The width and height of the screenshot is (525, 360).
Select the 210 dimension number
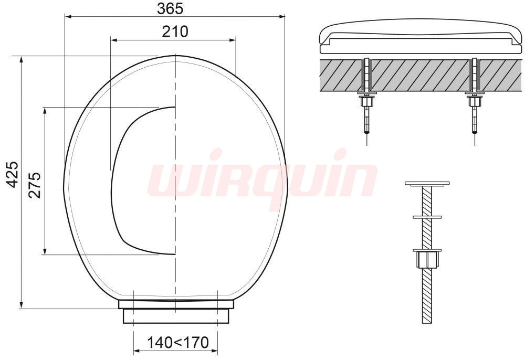[175, 31]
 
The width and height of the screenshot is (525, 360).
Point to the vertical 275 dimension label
[35, 185]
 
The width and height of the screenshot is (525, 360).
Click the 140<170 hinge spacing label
[178, 342]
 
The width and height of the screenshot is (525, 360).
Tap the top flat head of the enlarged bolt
[427, 183]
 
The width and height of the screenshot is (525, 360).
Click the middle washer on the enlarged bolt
[427, 217]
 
